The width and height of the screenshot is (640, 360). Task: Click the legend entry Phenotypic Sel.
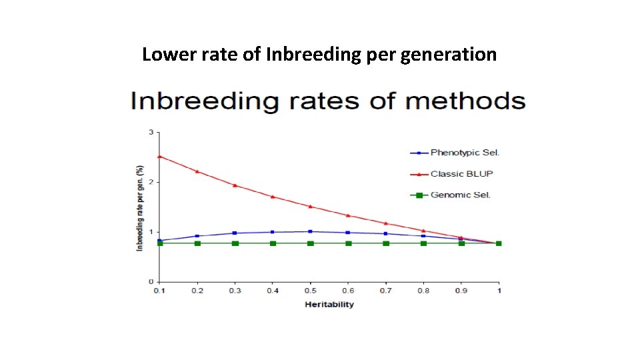(x=465, y=153)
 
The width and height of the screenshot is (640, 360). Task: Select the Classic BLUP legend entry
(x=461, y=174)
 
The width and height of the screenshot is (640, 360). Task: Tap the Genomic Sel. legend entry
(x=460, y=195)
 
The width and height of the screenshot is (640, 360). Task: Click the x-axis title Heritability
(x=329, y=305)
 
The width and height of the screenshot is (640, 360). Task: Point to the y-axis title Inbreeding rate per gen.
(x=140, y=207)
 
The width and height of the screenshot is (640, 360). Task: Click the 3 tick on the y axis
(x=151, y=132)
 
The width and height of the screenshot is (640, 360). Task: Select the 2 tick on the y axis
(x=151, y=182)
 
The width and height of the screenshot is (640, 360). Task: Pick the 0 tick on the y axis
(x=151, y=281)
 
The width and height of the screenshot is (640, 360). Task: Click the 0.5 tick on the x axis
(x=310, y=291)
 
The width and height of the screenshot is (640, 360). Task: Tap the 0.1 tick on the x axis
(x=159, y=291)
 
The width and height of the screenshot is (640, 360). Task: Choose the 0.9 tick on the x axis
(x=461, y=291)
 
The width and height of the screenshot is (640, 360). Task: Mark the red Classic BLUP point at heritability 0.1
(x=159, y=156)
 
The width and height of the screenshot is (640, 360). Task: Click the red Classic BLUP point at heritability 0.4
(x=273, y=197)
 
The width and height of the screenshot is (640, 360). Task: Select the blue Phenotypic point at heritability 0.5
(x=310, y=231)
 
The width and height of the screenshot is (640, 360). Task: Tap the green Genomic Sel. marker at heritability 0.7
(x=386, y=243)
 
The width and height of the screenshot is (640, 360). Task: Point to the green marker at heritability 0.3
(x=235, y=243)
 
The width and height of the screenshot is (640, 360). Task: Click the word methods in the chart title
(x=465, y=101)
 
